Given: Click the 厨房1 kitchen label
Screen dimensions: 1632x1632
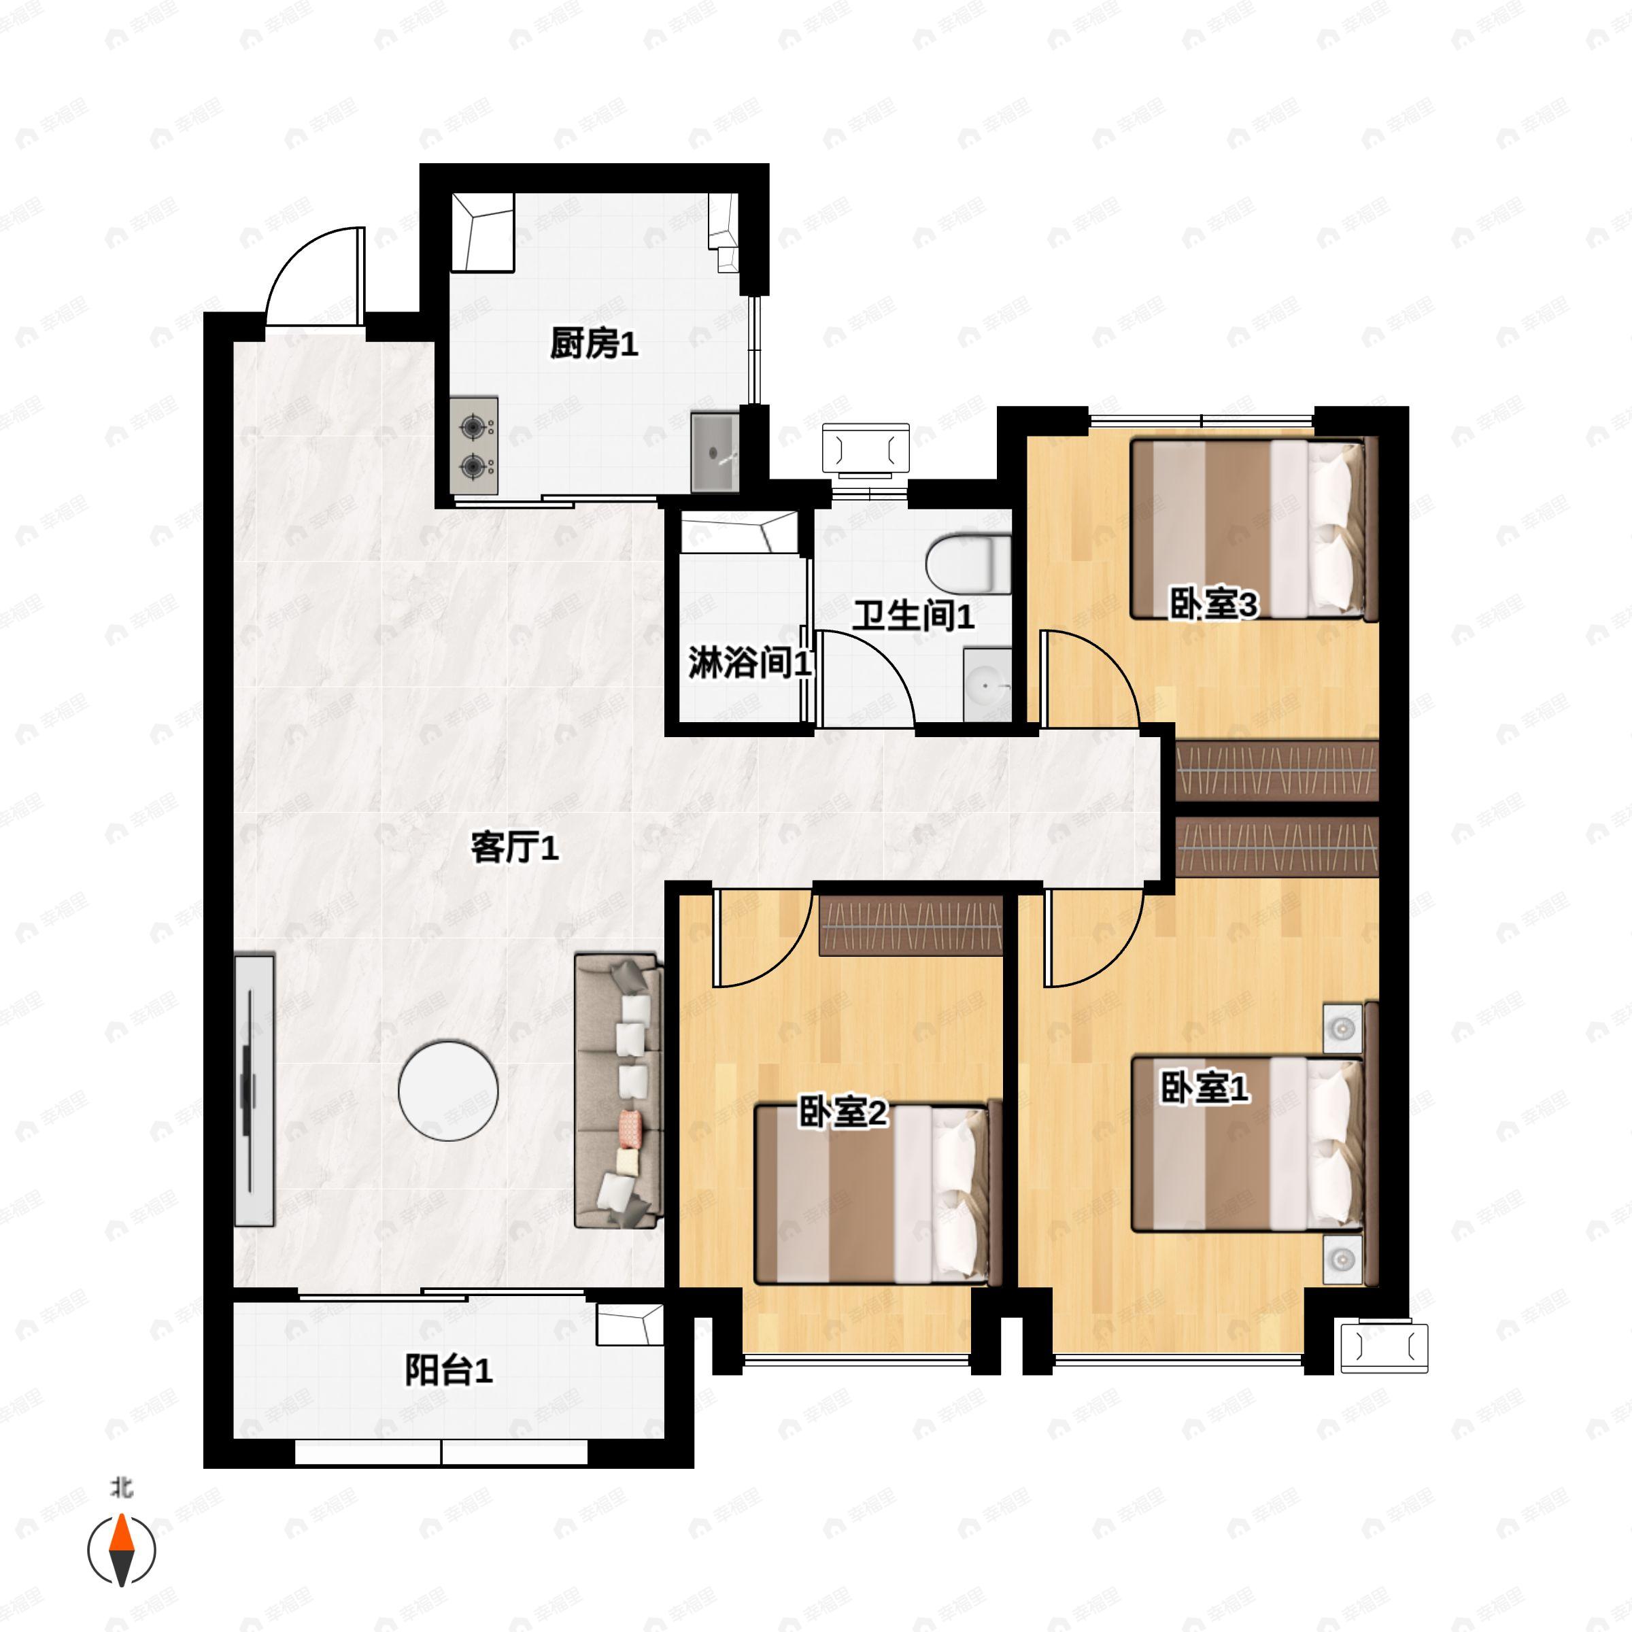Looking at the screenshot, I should click(593, 344).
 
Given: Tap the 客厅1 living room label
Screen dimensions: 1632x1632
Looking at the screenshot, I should click(515, 847).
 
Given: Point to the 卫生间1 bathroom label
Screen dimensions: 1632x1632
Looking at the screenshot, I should click(913, 616).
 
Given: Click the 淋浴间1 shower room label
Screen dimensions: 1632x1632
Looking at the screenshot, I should click(749, 663).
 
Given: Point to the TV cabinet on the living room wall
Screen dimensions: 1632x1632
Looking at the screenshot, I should click(254, 1089).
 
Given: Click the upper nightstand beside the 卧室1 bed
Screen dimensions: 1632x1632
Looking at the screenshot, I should click(1342, 1029).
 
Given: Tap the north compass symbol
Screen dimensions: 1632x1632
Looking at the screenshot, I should click(122, 1548).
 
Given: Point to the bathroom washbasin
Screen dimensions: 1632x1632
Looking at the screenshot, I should click(987, 684).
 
